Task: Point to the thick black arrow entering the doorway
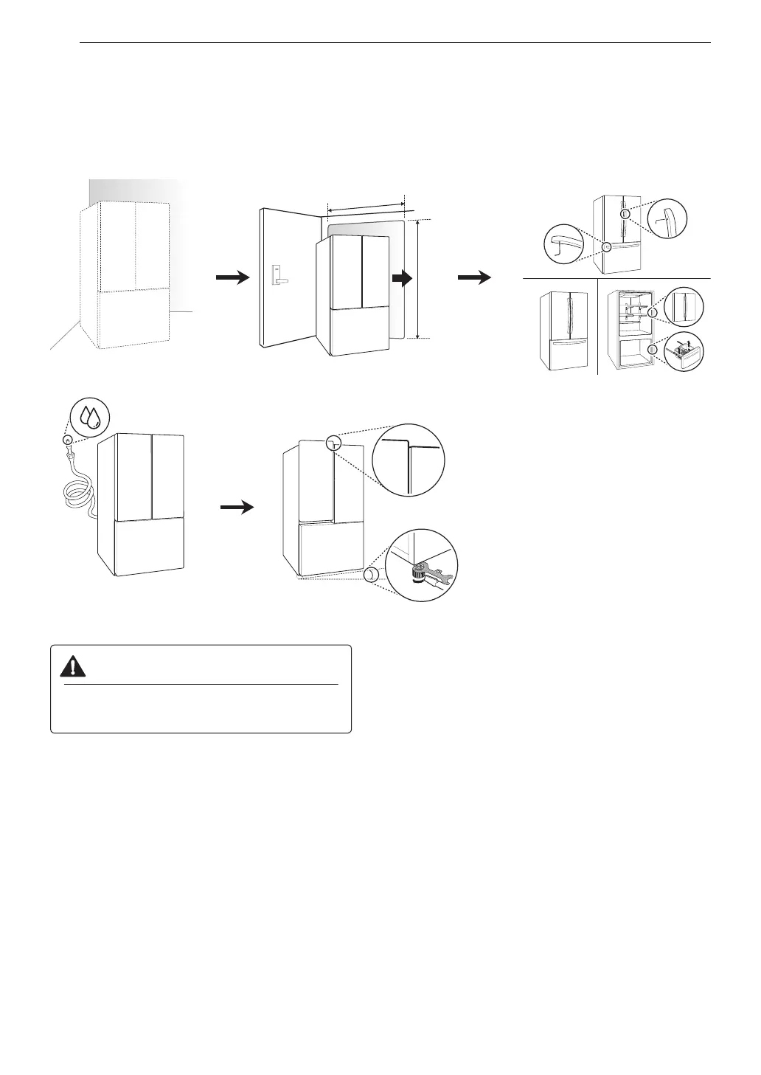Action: pyautogui.click(x=401, y=278)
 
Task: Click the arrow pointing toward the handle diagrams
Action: pyautogui.click(x=474, y=277)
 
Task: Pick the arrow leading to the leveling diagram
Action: pyautogui.click(x=237, y=508)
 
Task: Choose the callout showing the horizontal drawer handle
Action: pyautogui.click(x=564, y=244)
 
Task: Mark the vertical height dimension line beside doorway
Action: pyautogui.click(x=418, y=278)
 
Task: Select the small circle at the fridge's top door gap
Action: pyautogui.click(x=333, y=443)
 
